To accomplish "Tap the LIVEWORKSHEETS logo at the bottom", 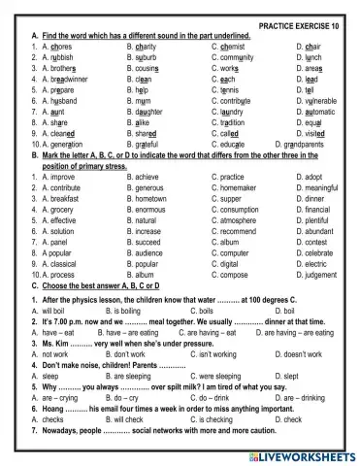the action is [x=304, y=454].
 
